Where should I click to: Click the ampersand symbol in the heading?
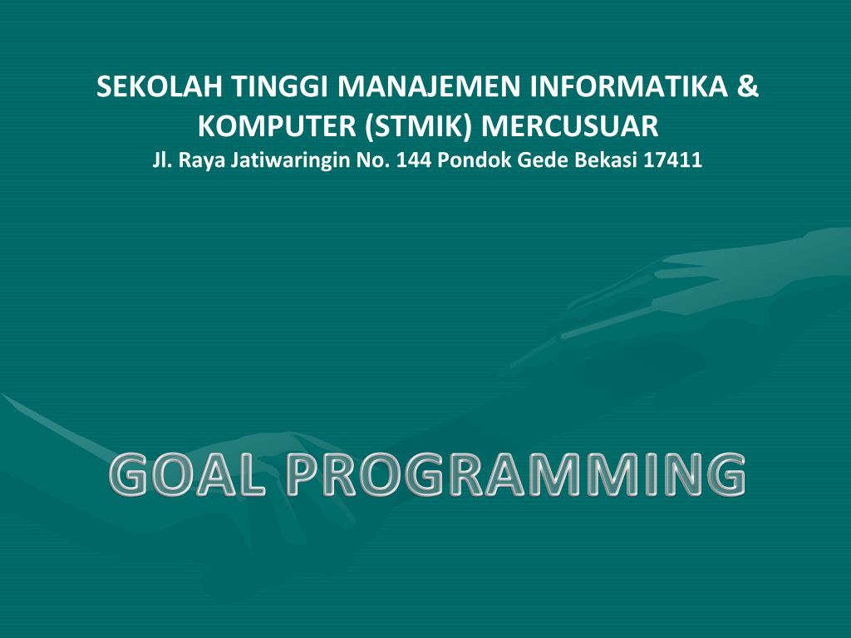(747, 87)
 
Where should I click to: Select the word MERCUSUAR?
(570, 127)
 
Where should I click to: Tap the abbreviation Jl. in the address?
(160, 161)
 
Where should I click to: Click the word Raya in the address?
(198, 161)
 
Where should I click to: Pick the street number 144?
(413, 161)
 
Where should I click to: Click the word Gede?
(540, 161)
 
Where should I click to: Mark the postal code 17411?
(673, 161)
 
